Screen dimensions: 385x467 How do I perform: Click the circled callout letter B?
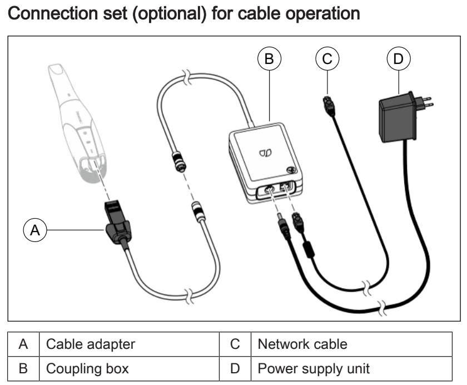coord(269,58)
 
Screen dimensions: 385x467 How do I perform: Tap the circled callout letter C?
coord(327,58)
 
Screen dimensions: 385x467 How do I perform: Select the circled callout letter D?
coord(398,58)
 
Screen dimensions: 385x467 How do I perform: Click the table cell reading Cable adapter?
coord(90,344)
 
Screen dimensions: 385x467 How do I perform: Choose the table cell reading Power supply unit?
coord(314,368)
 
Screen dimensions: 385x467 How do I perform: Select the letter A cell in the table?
coord(23,344)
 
